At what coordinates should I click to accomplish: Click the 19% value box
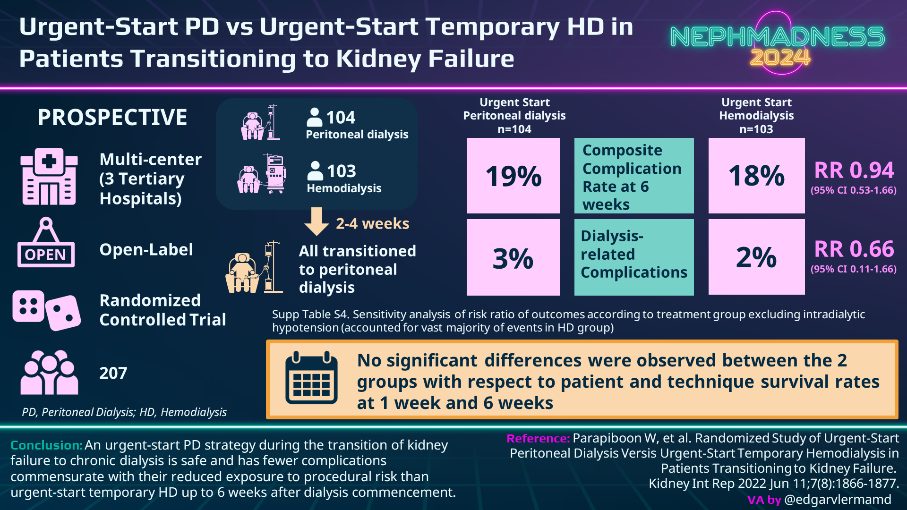pyautogui.click(x=513, y=176)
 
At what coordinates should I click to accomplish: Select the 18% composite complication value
pyautogui.click(x=756, y=176)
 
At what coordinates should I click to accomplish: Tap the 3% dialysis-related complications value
pyautogui.click(x=513, y=258)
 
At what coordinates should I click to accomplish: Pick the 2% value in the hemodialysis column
pyautogui.click(x=756, y=257)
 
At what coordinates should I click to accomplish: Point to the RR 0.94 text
pyautogui.click(x=854, y=170)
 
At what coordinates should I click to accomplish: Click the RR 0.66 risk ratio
pyautogui.click(x=854, y=249)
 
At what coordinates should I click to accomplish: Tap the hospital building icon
pyautogui.click(x=49, y=177)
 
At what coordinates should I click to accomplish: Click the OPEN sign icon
pyautogui.click(x=46, y=243)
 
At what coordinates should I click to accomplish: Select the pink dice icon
pyautogui.click(x=46, y=310)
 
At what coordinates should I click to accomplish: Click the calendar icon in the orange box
pyautogui.click(x=311, y=378)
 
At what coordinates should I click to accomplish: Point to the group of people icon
pyautogui.click(x=49, y=373)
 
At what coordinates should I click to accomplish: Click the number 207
pyautogui.click(x=113, y=374)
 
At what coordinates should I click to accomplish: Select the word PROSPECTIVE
pyautogui.click(x=112, y=118)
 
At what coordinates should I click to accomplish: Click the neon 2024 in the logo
pyautogui.click(x=780, y=58)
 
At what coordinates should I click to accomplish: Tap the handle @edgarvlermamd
pyautogui.click(x=838, y=500)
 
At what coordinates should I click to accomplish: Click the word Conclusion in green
pyautogui.click(x=46, y=445)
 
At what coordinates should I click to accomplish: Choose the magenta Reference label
pyautogui.click(x=538, y=439)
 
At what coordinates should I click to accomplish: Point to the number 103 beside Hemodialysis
pyautogui.click(x=342, y=171)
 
